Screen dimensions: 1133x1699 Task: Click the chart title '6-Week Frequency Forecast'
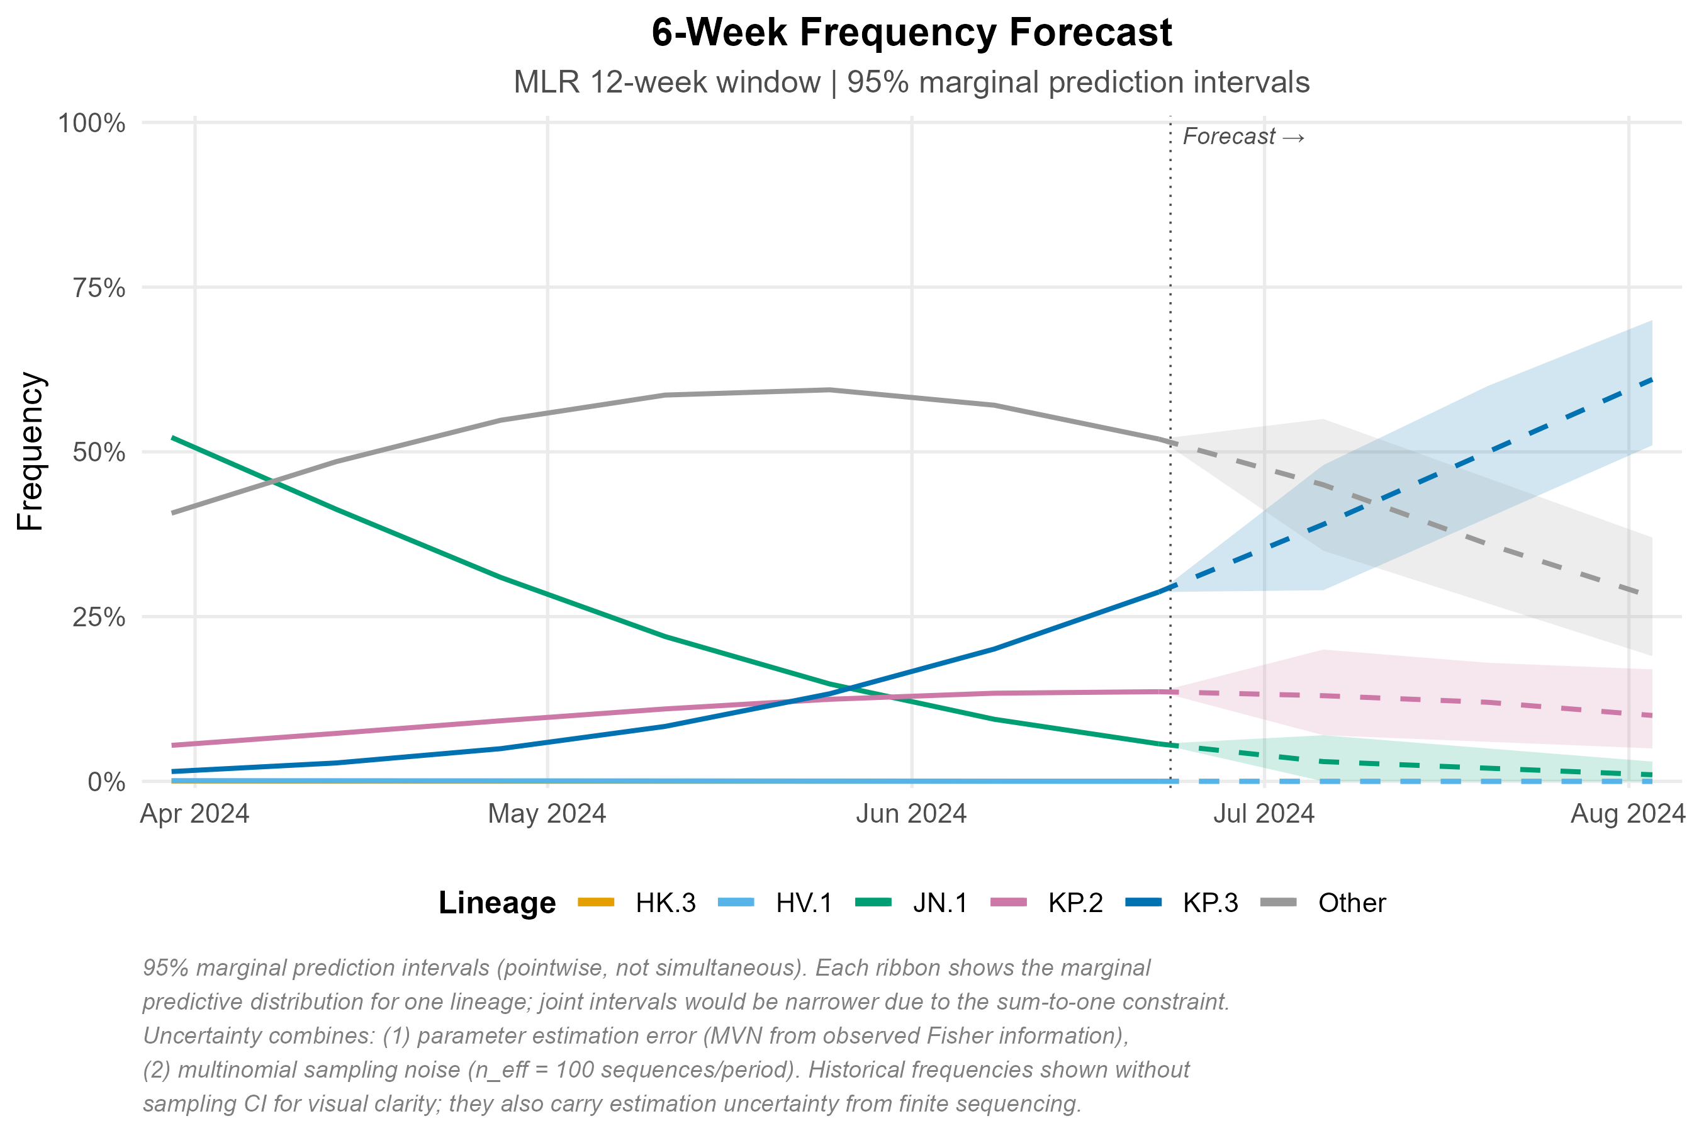(911, 33)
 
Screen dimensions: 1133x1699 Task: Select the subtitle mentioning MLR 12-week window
(911, 82)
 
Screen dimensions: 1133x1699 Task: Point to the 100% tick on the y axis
(92, 123)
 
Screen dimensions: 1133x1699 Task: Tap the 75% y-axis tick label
(99, 288)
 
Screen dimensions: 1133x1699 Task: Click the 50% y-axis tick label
(99, 453)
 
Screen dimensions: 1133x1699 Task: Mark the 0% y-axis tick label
(106, 782)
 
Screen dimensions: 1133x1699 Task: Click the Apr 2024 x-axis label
(194, 815)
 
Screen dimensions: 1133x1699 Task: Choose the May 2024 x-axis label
(547, 815)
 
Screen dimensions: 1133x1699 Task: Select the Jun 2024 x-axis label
(911, 815)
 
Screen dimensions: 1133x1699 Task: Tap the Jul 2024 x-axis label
(1264, 815)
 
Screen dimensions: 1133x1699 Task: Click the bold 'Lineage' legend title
(497, 903)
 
